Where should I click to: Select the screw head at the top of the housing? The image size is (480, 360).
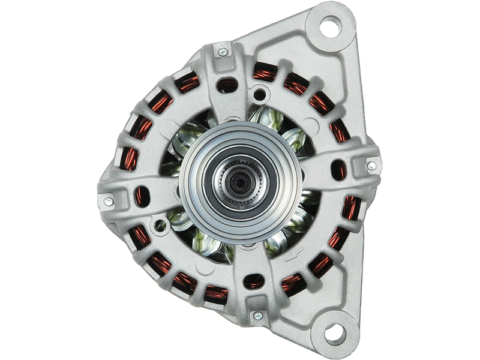pos(223,53)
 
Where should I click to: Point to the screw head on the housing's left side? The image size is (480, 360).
pos(108,202)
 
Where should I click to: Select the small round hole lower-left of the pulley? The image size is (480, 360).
pos(160,226)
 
